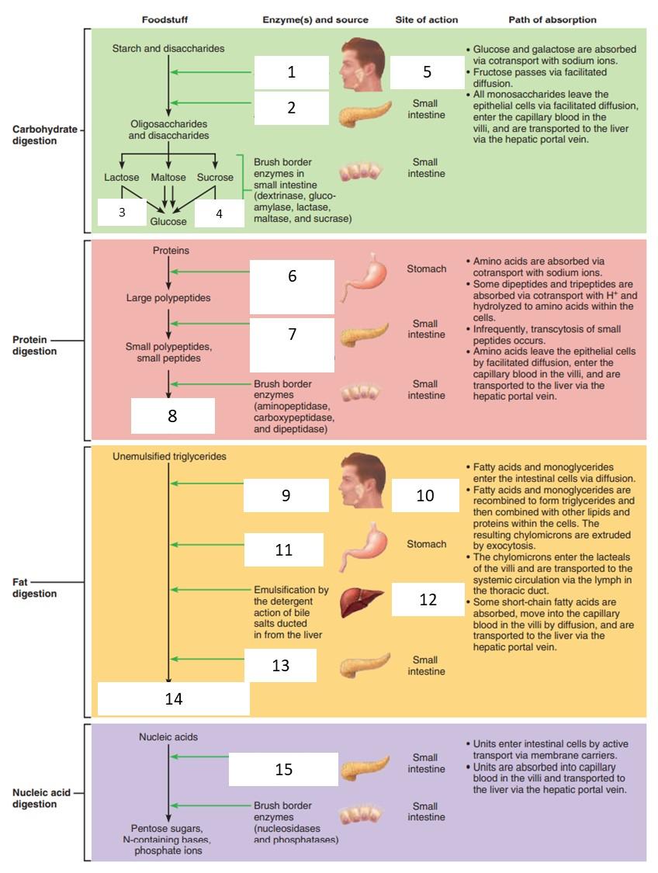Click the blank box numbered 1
pyautogui.click(x=291, y=72)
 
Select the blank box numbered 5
pyautogui.click(x=427, y=72)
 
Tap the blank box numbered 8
pyautogui.click(x=172, y=416)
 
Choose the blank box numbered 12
pyautogui.click(x=428, y=600)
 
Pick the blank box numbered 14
pyautogui.click(x=173, y=698)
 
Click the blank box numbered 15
pyautogui.click(x=283, y=769)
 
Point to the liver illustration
pyautogui.click(x=362, y=601)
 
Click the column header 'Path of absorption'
pyautogui.click(x=552, y=19)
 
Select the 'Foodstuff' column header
pyautogui.click(x=164, y=19)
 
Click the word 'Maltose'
pyautogui.click(x=168, y=178)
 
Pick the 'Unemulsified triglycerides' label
pyautogui.click(x=169, y=456)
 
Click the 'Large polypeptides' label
pyautogui.click(x=168, y=298)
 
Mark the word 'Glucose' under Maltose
pyautogui.click(x=168, y=222)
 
